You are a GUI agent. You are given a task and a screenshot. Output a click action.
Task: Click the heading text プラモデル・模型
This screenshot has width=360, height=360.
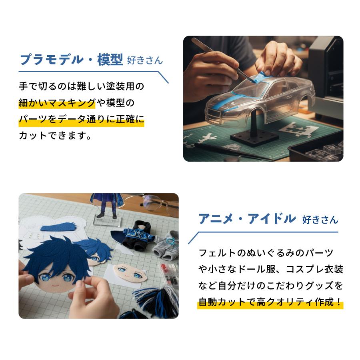coord(71,60)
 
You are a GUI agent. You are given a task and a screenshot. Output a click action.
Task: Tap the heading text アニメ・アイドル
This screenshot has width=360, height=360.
coord(247,219)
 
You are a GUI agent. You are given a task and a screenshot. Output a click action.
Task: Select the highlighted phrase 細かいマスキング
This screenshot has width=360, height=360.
coord(57,103)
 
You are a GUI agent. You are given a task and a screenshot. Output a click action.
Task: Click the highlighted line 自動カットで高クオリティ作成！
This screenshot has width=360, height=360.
coord(270,302)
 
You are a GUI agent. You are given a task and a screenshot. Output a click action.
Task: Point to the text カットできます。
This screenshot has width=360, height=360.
coord(56,136)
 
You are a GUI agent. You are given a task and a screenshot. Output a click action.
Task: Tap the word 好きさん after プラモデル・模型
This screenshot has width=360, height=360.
coord(145,61)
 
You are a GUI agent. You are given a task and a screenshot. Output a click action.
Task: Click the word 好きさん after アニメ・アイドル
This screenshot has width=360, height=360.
coord(320,220)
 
